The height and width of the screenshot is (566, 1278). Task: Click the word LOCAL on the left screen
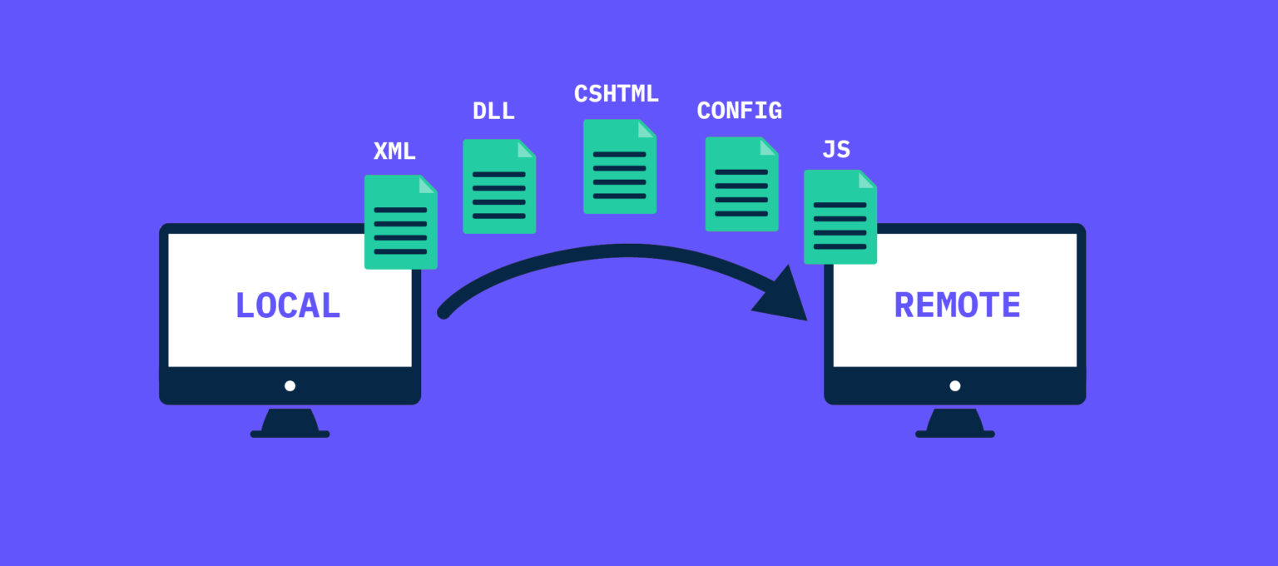(x=288, y=305)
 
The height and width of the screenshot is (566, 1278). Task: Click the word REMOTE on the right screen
(x=957, y=305)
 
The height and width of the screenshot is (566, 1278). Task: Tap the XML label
(x=394, y=151)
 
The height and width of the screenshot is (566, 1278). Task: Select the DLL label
(x=493, y=112)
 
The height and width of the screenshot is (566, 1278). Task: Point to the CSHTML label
(x=616, y=94)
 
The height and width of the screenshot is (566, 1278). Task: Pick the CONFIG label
(x=739, y=111)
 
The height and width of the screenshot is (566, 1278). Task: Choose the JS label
(x=835, y=150)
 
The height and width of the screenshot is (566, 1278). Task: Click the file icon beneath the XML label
(x=400, y=223)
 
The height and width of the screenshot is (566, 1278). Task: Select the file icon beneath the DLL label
(x=499, y=186)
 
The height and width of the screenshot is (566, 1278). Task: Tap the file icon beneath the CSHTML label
(x=619, y=167)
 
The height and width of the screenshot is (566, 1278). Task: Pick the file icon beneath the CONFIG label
(x=741, y=185)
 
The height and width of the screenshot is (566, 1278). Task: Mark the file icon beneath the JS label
(x=840, y=217)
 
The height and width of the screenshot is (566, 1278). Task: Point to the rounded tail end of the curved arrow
(x=444, y=313)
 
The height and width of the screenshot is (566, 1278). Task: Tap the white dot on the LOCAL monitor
(x=290, y=385)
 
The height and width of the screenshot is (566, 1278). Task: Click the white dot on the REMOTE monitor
(x=954, y=385)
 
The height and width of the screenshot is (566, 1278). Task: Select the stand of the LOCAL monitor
(x=290, y=423)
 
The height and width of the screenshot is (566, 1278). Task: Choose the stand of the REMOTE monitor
(x=954, y=423)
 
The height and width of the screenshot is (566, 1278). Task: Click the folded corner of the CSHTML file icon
(x=646, y=130)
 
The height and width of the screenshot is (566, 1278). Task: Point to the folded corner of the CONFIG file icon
(x=768, y=147)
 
